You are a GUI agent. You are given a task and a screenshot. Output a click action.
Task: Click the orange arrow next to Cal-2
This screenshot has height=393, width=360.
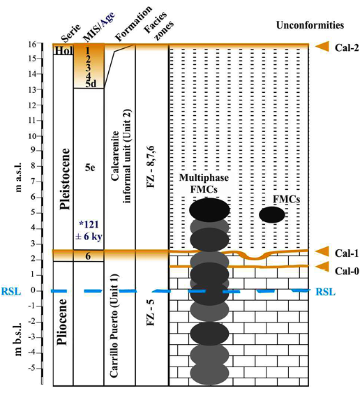(322, 46)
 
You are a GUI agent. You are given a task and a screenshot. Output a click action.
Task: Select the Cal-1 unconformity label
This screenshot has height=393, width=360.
(347, 253)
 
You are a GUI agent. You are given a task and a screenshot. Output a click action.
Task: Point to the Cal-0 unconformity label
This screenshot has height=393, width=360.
(347, 271)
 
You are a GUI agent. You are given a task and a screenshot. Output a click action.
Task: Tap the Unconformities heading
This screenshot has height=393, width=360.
(310, 25)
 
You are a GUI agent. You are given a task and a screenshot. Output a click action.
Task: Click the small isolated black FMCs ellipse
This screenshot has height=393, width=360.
(272, 215)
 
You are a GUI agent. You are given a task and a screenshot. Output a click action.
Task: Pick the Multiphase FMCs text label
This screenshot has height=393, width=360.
(204, 183)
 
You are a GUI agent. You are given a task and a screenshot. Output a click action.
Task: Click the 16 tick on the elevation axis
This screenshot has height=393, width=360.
(32, 44)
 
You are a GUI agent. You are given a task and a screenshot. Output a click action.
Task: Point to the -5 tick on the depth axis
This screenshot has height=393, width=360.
(32, 369)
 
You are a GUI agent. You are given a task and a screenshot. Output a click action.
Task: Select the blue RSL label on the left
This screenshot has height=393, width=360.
(11, 292)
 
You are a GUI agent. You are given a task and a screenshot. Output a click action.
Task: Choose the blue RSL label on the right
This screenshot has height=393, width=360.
(325, 292)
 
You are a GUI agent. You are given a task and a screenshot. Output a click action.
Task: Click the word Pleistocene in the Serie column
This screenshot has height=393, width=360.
(63, 179)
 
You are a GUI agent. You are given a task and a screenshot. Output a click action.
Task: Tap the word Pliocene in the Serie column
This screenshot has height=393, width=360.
(62, 322)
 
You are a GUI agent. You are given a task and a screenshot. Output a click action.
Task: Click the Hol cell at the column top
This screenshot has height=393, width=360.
(63, 51)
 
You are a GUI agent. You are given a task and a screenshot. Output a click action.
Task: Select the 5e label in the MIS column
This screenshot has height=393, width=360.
(90, 167)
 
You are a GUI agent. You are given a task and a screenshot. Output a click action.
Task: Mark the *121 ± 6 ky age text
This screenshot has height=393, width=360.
(89, 230)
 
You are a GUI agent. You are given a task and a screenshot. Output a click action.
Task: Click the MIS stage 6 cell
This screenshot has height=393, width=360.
(88, 256)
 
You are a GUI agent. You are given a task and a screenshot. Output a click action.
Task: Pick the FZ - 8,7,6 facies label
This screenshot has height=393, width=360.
(151, 168)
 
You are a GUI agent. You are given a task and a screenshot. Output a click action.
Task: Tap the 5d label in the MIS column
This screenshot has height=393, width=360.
(91, 84)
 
